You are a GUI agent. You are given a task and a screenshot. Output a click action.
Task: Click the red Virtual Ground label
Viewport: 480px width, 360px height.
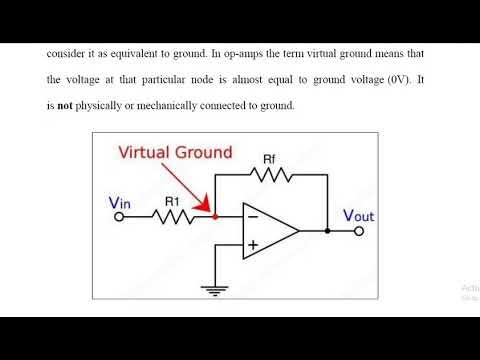coord(175,152)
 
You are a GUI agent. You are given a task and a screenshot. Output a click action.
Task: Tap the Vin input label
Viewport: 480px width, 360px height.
coord(120,204)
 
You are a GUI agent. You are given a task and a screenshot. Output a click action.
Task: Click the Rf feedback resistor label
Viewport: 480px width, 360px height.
coord(269,158)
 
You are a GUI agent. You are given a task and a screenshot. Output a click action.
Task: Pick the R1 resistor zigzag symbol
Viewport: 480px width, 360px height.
coord(174,217)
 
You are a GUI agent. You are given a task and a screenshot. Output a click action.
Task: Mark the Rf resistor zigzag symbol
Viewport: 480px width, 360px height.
coord(270,174)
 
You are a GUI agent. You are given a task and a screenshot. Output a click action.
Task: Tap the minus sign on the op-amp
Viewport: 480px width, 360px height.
coord(252,217)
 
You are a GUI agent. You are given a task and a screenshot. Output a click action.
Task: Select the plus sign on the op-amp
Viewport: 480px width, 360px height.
coord(252,245)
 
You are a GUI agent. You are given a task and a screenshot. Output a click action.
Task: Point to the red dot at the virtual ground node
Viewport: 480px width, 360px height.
coord(214,217)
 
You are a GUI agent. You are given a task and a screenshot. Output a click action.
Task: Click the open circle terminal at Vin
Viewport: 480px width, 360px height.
coord(120,217)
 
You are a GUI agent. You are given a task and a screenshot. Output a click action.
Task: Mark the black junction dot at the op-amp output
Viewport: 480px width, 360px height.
coord(328,231)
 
